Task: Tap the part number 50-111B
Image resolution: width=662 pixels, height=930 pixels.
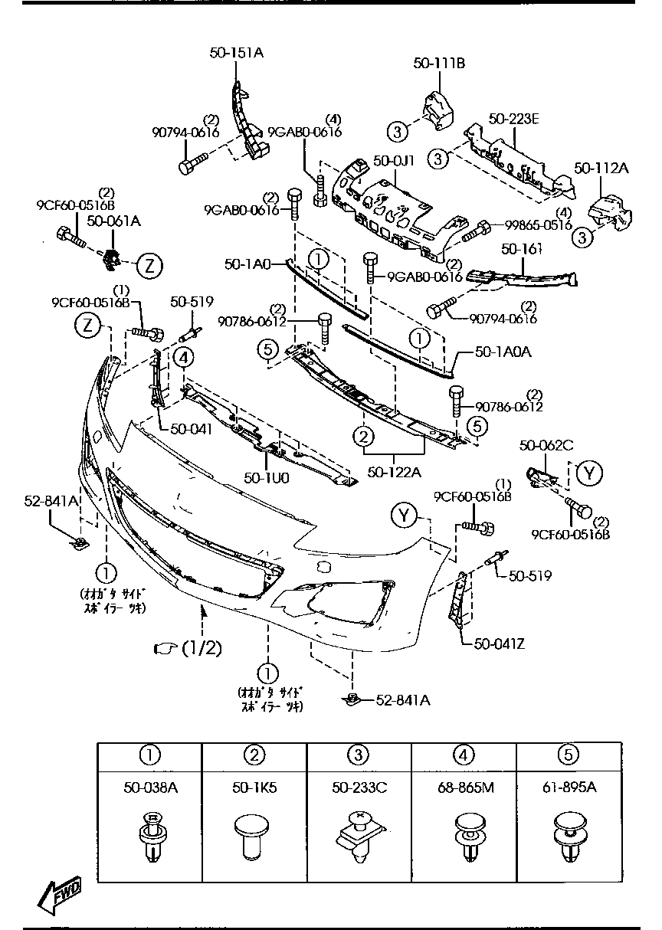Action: click(439, 64)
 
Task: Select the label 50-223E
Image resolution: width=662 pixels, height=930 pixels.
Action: click(514, 119)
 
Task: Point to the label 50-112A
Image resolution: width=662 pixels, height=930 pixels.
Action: click(601, 169)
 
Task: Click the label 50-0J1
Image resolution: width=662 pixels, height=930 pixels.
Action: click(394, 162)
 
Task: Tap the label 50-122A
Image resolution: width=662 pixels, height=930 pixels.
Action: click(394, 472)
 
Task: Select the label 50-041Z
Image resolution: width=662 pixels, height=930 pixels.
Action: click(500, 643)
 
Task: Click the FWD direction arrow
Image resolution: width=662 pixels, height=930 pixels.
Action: click(60, 894)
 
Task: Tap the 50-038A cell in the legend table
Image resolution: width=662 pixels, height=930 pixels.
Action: click(149, 787)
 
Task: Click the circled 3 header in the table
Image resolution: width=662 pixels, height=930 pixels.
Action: click(359, 754)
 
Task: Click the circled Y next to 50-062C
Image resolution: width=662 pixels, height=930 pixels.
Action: click(588, 473)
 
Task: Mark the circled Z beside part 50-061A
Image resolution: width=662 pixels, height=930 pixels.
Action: click(149, 265)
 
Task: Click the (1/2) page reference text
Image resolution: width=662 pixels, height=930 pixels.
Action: click(201, 648)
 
